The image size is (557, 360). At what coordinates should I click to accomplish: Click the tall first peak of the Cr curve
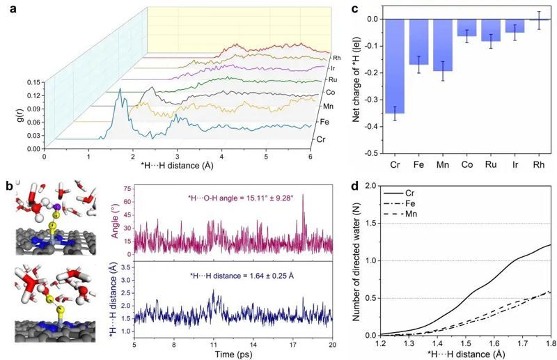click(120, 91)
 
